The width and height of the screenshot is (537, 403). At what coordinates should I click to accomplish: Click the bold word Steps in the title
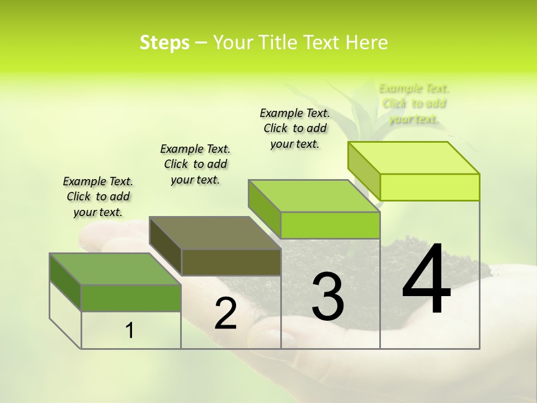tap(164, 43)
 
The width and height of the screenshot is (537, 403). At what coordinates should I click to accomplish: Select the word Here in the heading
tap(367, 43)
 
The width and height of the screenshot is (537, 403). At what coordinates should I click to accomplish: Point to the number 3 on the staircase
tap(327, 297)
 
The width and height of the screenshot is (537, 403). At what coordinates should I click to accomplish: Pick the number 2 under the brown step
tap(225, 313)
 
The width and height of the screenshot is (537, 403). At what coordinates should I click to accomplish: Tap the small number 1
tap(130, 330)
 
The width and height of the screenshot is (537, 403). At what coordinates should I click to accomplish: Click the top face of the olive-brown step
tap(215, 233)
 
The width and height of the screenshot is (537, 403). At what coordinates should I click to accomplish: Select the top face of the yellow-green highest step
tap(414, 158)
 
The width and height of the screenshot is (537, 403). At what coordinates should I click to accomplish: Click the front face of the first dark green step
tap(131, 298)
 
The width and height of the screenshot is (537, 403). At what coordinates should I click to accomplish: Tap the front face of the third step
tap(330, 225)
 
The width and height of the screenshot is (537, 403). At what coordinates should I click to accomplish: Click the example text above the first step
tap(98, 196)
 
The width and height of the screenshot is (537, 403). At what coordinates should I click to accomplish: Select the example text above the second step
tap(195, 164)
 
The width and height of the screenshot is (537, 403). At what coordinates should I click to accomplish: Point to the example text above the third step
tap(295, 128)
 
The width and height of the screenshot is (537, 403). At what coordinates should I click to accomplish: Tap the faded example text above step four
tap(414, 104)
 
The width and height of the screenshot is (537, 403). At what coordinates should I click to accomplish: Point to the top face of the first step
tap(115, 269)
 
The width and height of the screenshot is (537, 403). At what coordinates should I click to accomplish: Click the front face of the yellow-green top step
tap(430, 187)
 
